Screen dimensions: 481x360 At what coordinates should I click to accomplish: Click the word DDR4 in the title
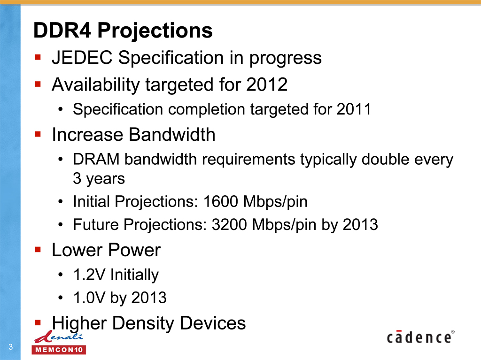[62, 31]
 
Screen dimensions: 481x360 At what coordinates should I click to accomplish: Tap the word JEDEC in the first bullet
[82, 58]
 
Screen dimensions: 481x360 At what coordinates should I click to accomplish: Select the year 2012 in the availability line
[267, 84]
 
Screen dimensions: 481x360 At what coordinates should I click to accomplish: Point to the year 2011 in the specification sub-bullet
[354, 109]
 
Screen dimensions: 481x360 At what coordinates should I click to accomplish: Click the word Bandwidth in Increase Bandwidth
[172, 134]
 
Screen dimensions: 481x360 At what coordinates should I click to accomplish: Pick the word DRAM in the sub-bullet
[96, 160]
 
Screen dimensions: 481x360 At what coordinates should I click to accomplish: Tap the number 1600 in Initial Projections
[221, 201]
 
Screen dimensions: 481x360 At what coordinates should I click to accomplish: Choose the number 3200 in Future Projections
[229, 224]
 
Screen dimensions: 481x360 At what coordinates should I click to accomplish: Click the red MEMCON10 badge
[59, 350]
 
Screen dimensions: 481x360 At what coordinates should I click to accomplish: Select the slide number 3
[11, 347]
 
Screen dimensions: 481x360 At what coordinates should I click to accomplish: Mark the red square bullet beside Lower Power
[38, 250]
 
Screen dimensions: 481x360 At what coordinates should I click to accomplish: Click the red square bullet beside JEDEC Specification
[38, 57]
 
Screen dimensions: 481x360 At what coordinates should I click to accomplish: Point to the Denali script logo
[58, 337]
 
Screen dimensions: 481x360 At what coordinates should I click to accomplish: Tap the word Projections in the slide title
[155, 31]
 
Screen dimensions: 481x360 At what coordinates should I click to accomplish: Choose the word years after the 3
[105, 179]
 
